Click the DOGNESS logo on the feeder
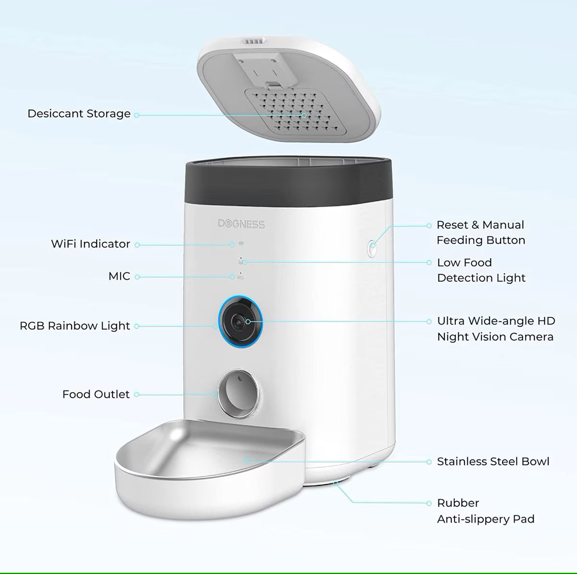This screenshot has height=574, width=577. click(x=241, y=224)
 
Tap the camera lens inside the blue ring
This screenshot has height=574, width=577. click(x=238, y=322)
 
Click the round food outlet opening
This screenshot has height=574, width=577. click(x=238, y=394)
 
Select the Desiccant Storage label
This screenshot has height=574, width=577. click(x=79, y=114)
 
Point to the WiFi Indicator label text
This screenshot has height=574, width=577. click(x=90, y=244)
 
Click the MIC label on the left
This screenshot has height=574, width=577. click(x=119, y=276)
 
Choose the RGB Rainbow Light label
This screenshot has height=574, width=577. click(x=75, y=326)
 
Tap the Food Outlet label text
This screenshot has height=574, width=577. click(x=96, y=394)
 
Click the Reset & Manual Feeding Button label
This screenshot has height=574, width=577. click(x=480, y=232)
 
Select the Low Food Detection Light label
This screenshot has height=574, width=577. click(x=481, y=270)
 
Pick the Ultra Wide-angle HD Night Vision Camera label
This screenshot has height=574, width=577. click(x=496, y=329)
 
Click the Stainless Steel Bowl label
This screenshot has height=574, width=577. click(x=493, y=462)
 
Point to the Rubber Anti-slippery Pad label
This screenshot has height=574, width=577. click(x=486, y=511)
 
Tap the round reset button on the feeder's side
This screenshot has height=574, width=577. click(x=372, y=248)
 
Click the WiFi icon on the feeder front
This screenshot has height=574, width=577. click(x=241, y=244)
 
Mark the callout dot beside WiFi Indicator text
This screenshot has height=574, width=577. click(x=137, y=245)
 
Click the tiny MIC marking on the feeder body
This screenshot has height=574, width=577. click(x=240, y=278)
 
